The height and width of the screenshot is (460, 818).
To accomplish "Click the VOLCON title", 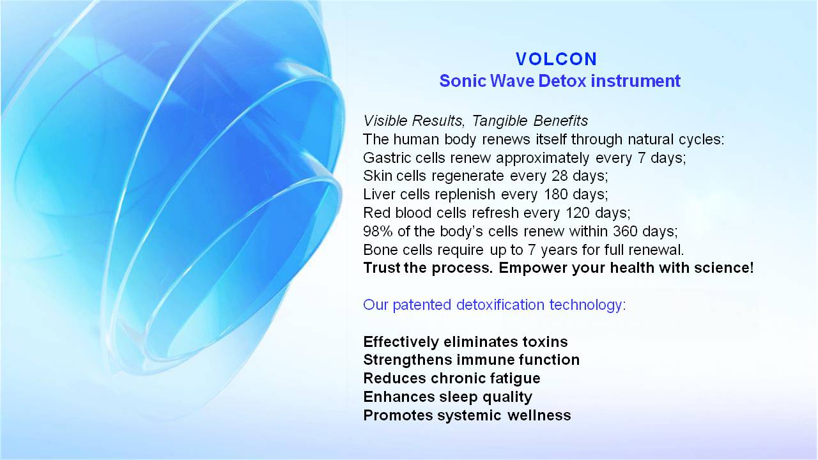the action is tap(556, 59).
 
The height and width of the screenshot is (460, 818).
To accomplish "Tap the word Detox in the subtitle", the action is tap(563, 80).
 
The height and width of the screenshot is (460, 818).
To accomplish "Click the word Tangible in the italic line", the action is tap(500, 121).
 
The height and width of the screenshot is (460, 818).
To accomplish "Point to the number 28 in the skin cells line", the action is tap(559, 176).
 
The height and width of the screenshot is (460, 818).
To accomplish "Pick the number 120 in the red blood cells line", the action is tap(578, 213).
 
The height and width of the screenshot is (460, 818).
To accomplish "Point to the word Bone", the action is tap(380, 250).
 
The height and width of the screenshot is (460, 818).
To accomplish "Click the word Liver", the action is tap(379, 194).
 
